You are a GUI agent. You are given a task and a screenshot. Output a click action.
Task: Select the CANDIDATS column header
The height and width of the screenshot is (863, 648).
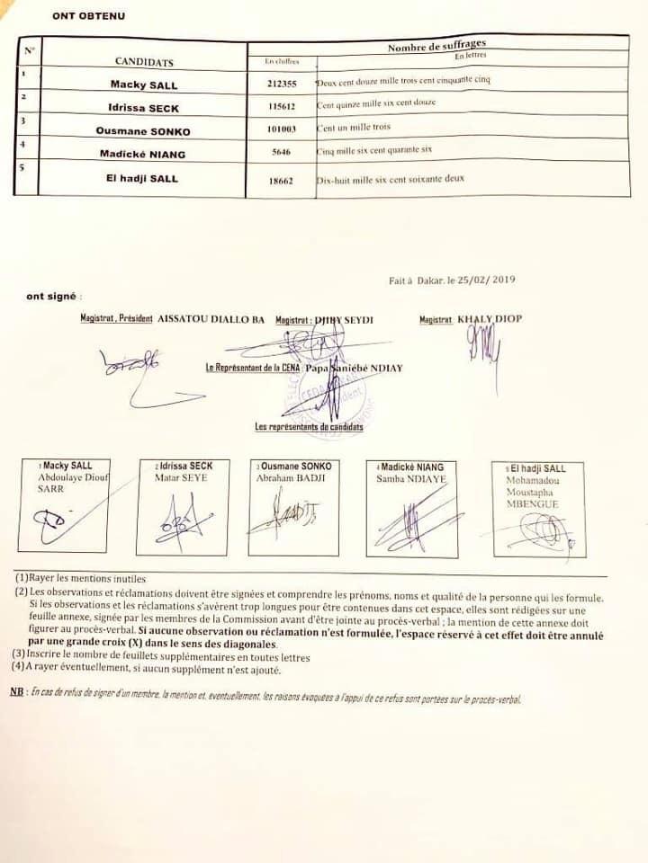(144, 62)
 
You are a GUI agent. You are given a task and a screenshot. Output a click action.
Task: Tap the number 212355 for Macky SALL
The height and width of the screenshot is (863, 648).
(282, 83)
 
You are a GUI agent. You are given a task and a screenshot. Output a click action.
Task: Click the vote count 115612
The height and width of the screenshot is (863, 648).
(282, 105)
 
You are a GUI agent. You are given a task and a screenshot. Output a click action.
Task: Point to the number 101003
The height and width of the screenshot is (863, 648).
(282, 129)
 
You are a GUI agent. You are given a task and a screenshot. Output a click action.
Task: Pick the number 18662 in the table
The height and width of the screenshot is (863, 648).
(282, 181)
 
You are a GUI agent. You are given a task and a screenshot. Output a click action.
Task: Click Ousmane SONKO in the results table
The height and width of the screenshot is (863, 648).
(145, 131)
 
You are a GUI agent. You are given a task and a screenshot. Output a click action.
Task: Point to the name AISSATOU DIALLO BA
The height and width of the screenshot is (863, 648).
(211, 319)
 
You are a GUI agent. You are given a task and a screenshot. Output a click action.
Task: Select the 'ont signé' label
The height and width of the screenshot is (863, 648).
(53, 296)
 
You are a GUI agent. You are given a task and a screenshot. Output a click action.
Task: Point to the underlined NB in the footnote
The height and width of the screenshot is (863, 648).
(16, 691)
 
